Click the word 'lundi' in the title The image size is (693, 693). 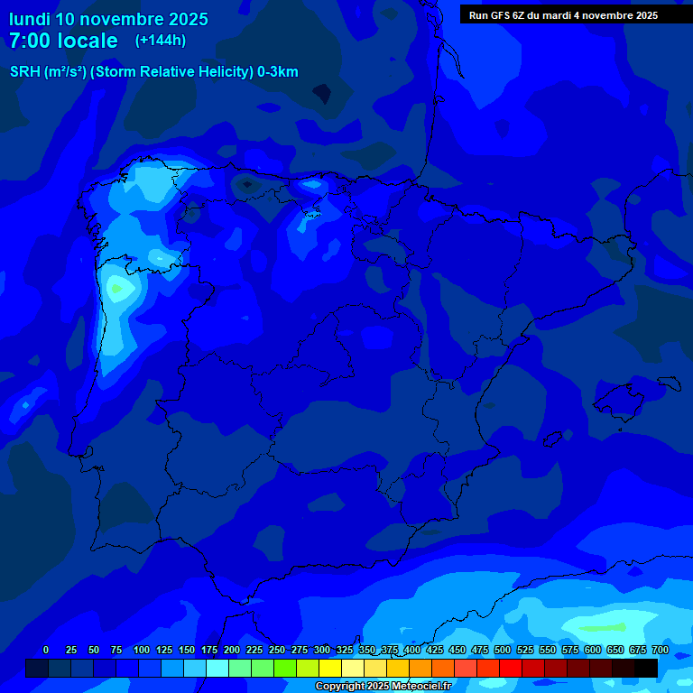click(30, 19)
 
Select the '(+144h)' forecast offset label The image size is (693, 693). click(161, 41)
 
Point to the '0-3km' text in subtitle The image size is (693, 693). click(277, 72)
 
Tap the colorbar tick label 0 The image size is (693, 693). click(46, 650)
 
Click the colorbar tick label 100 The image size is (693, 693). click(142, 650)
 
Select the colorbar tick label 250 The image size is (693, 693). click(277, 650)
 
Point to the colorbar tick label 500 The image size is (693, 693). click(503, 650)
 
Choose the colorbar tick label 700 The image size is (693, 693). click(660, 650)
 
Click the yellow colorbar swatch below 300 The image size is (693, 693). click(330, 668)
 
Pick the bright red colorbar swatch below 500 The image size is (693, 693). click(511, 668)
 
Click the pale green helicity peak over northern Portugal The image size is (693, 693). click(117, 289)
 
